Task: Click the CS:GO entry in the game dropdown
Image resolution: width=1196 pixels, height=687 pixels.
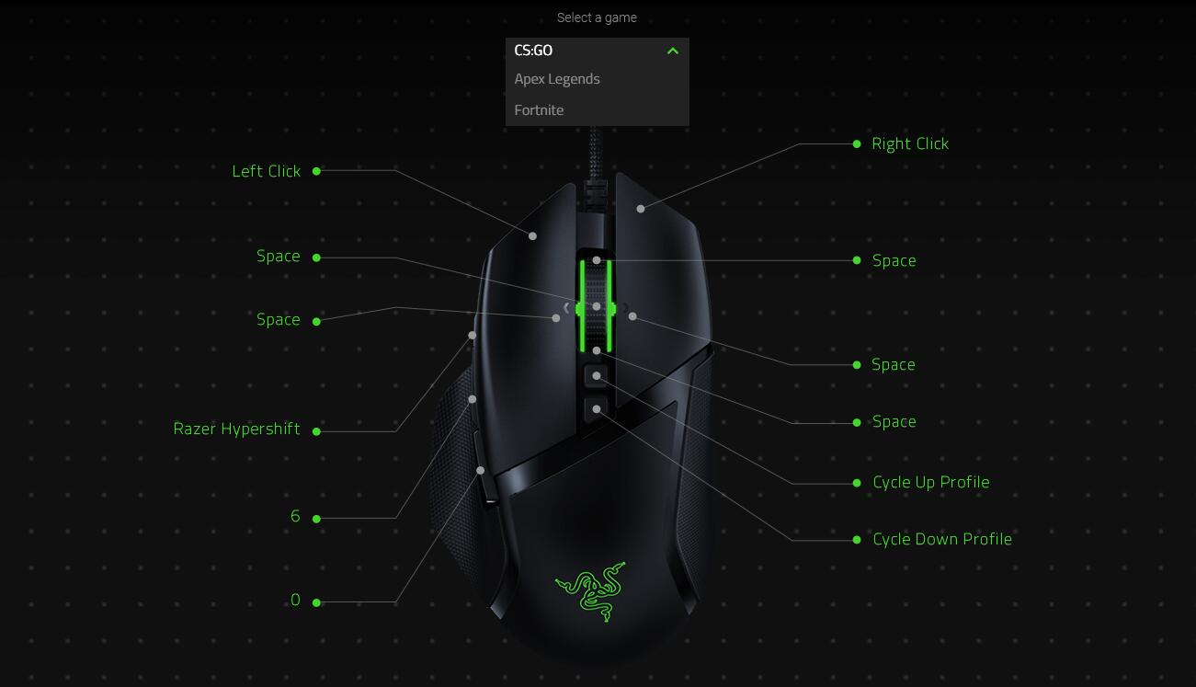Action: coord(534,51)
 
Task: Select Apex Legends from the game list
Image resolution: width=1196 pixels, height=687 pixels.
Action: coord(557,79)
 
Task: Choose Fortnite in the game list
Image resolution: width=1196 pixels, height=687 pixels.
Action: coord(540,110)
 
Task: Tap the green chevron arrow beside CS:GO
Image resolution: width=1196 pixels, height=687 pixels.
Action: coord(673,51)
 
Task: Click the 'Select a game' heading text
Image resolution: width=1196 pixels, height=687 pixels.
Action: coord(597,17)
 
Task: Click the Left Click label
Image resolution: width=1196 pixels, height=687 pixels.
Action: coord(267,171)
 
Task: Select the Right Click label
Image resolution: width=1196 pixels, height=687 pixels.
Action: coord(910,143)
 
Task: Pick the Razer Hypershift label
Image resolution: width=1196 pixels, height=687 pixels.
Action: coord(237,429)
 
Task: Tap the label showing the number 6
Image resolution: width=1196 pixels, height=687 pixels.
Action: coord(295,517)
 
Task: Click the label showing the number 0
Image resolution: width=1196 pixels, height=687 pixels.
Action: coord(295,601)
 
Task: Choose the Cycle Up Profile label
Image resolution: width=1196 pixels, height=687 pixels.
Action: coord(931,482)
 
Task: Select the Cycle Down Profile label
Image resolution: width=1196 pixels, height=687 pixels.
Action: coord(942,539)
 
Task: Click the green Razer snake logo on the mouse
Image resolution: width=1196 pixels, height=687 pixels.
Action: coord(590,590)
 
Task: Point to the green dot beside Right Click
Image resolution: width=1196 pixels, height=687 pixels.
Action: coord(857,144)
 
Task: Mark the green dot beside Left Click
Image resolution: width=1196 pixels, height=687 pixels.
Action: coord(317,171)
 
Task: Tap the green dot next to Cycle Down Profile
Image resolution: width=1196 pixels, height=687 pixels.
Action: coord(857,540)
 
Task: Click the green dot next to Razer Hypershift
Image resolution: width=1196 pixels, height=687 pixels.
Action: coord(317,431)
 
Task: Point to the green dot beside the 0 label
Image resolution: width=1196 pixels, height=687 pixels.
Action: coord(317,602)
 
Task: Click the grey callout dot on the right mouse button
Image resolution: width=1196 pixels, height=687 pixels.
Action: coord(641,209)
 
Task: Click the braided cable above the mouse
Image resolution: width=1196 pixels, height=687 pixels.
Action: coord(593,152)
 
